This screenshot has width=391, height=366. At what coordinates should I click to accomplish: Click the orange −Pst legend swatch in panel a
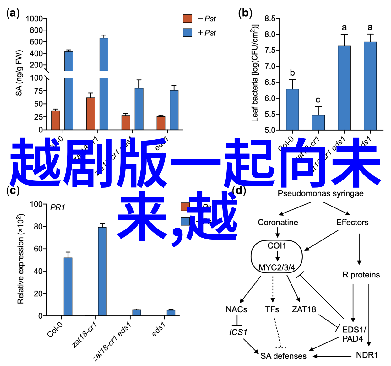coord(187,19)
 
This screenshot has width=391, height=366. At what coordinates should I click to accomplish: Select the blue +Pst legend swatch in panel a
coord(187,33)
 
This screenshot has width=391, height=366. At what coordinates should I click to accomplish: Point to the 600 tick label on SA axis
coord(36,42)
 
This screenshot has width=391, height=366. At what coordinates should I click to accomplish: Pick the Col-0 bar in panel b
coord(292,110)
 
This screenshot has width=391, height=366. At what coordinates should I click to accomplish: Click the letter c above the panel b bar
coord(318,100)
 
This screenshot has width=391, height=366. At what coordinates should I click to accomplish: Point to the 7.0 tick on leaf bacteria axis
coord(270,66)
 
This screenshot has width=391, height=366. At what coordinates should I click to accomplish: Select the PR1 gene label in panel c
coord(57,207)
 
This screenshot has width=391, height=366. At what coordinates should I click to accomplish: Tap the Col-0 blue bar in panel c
coord(68,286)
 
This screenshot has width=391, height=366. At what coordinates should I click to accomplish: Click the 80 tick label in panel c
coord(38,227)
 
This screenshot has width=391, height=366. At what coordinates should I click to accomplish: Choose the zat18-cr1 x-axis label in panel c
coord(84,335)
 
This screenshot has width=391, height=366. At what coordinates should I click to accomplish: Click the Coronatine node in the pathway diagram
coord(278,223)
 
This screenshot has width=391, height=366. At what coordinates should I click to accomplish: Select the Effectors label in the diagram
coord(352,223)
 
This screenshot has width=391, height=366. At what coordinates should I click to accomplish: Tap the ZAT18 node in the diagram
coord(304,309)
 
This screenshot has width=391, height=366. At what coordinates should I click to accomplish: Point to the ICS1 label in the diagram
coord(238,332)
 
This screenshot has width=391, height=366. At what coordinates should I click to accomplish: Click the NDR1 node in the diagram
coord(367,355)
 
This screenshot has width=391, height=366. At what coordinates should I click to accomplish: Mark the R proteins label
coord(361,275)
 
